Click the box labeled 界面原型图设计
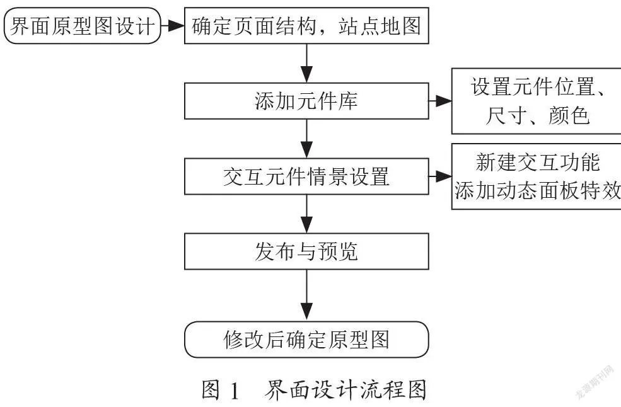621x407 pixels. coord(83,26)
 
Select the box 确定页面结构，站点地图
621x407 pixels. coord(306,26)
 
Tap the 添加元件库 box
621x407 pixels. coord(306,101)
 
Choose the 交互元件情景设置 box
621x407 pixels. coord(306,176)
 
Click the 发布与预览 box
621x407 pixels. coord(306,251)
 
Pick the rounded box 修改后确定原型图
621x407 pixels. coord(306,340)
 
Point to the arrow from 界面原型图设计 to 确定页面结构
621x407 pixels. coord(173,26)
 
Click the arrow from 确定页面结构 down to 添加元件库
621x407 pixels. coord(306,64)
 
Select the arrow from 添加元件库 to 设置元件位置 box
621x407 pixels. coord(441,101)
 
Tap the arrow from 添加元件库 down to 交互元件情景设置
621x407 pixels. coord(306,139)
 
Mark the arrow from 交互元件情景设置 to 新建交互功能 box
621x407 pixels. coord(441,176)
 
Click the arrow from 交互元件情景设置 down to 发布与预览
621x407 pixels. coord(306,214)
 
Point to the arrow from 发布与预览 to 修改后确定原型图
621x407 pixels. coord(306,295)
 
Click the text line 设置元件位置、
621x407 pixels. coord(538,86)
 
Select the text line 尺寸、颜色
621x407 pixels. coord(538,115)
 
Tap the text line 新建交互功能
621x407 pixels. coord(538,162)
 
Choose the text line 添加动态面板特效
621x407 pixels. coord(537,190)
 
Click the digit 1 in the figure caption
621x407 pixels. coord(235,391)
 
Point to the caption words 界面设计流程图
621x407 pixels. coord(345,389)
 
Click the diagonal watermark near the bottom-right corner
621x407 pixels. coord(594,381)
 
